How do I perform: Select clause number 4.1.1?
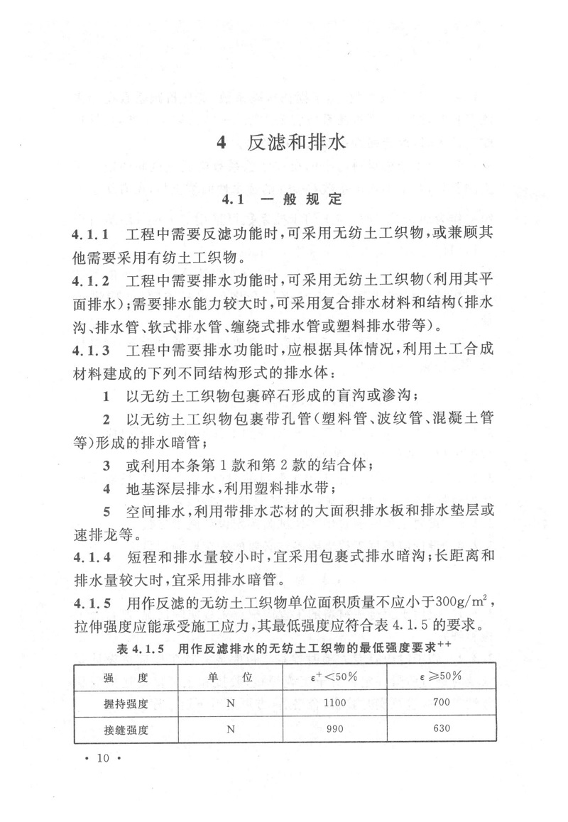[x=90, y=234]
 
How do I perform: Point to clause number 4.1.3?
[x=90, y=351]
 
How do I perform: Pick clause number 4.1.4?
[x=90, y=556]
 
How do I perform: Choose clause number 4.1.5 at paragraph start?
[x=90, y=604]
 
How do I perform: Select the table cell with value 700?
[x=442, y=703]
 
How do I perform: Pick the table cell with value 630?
[x=442, y=729]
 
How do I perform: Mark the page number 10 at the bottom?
[x=104, y=760]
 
